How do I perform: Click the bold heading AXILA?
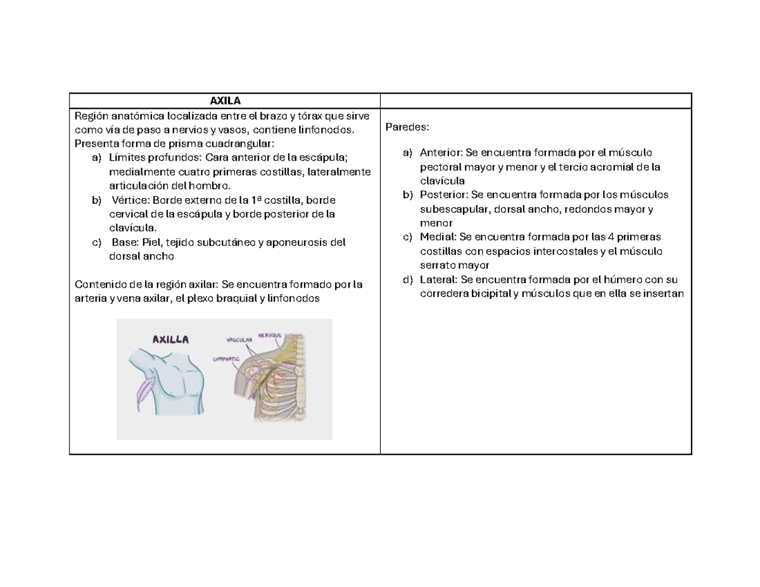(225, 101)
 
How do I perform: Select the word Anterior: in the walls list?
(441, 153)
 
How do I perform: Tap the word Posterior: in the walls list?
(444, 195)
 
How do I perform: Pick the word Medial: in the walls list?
(438, 237)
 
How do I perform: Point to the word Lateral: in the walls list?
(438, 279)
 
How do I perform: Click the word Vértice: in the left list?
(131, 200)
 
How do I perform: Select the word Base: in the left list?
(125, 243)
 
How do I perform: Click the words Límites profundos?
(155, 158)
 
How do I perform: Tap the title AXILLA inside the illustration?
(170, 339)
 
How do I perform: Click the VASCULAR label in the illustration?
(239, 340)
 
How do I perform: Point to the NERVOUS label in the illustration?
(269, 335)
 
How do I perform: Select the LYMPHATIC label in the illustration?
(226, 359)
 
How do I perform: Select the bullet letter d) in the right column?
(408, 280)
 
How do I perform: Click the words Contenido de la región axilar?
(146, 284)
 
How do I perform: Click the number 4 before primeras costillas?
(611, 237)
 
